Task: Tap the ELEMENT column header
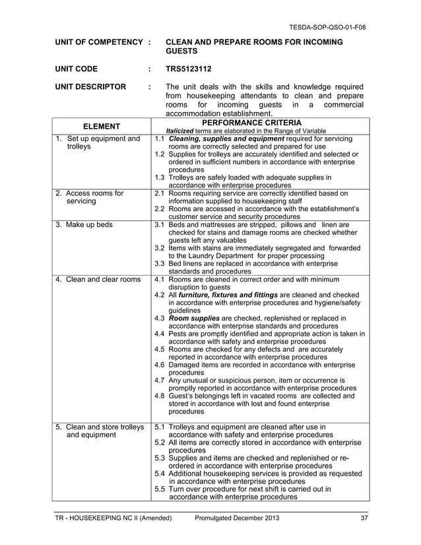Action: point(101,126)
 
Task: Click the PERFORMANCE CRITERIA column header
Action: point(261,123)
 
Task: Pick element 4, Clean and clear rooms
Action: point(98,279)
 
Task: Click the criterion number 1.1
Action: point(159,139)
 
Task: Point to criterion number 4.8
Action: point(159,396)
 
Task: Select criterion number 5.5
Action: point(159,490)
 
